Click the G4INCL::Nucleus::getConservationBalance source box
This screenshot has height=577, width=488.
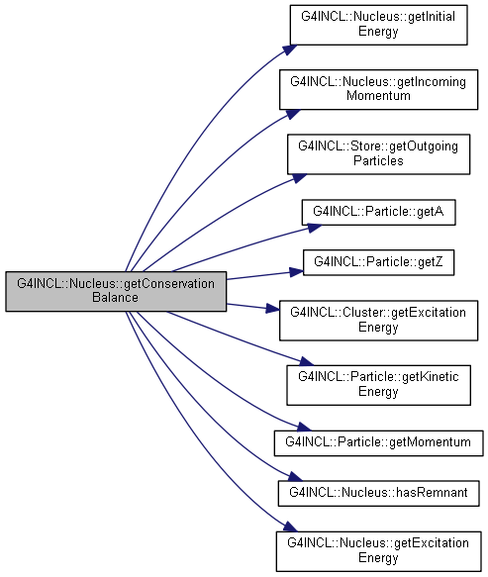(116, 291)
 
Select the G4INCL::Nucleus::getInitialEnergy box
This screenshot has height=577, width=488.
(378, 25)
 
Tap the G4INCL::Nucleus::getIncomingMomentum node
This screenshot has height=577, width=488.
(378, 89)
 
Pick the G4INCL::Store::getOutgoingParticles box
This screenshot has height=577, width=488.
(378, 154)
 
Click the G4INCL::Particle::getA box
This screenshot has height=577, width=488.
(378, 213)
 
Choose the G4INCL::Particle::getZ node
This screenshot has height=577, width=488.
(378, 262)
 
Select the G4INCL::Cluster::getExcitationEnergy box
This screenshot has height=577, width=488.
(378, 321)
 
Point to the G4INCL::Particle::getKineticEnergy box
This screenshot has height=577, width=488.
(378, 385)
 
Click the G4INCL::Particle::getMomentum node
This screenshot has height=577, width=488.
(378, 443)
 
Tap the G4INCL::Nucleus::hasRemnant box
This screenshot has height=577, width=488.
(378, 493)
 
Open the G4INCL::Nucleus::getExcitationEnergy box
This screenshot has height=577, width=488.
(378, 551)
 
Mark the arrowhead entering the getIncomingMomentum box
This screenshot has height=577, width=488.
(293, 114)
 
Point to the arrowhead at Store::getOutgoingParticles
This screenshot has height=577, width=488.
(299, 178)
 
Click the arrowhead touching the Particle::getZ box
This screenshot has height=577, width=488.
(296, 272)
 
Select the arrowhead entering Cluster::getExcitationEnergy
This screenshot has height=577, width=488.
(273, 309)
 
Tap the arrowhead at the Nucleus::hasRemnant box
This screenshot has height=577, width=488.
(295, 477)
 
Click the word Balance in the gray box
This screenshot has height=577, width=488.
(115, 297)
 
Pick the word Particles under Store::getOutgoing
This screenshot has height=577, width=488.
(378, 160)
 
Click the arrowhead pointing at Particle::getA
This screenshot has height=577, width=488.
(315, 228)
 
